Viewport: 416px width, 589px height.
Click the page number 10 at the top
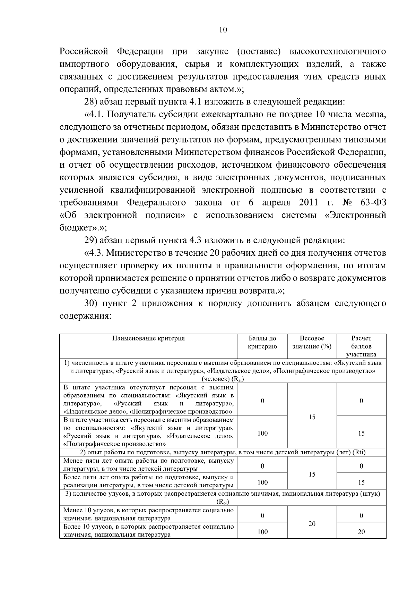[x=223, y=30]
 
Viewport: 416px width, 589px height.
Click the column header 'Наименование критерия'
[x=148, y=338]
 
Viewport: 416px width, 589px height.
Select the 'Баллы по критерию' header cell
[x=262, y=342]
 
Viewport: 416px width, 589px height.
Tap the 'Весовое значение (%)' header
[x=312, y=342]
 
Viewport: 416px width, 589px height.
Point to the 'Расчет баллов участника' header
[x=361, y=346]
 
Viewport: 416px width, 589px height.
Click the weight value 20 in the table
[x=312, y=524]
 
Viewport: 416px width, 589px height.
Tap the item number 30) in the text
[x=93, y=303]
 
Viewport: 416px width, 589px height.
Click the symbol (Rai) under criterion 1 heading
[x=225, y=379]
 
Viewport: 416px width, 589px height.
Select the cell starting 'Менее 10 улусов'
[x=148, y=514]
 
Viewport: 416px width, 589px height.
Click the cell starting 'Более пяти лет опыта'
[x=148, y=481]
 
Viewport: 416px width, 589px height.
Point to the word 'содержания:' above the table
[x=85, y=316]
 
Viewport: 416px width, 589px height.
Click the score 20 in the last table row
[x=361, y=532]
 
